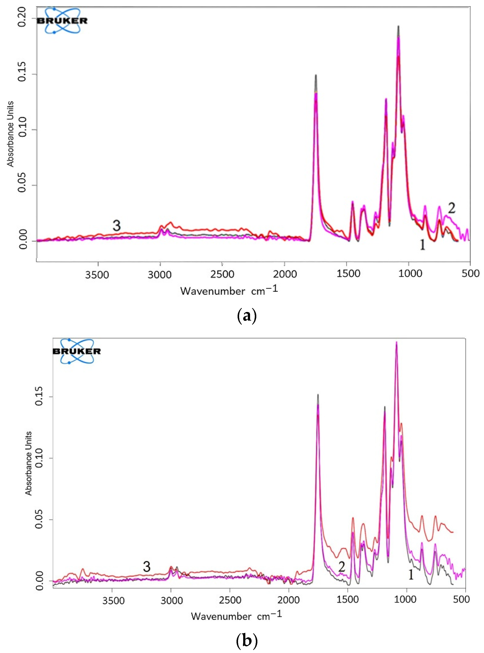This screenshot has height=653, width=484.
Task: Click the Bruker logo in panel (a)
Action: pyautogui.click(x=62, y=20)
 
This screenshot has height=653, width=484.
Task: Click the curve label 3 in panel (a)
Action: pyautogui.click(x=117, y=226)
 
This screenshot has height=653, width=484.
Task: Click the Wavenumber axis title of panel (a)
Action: pyautogui.click(x=229, y=291)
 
